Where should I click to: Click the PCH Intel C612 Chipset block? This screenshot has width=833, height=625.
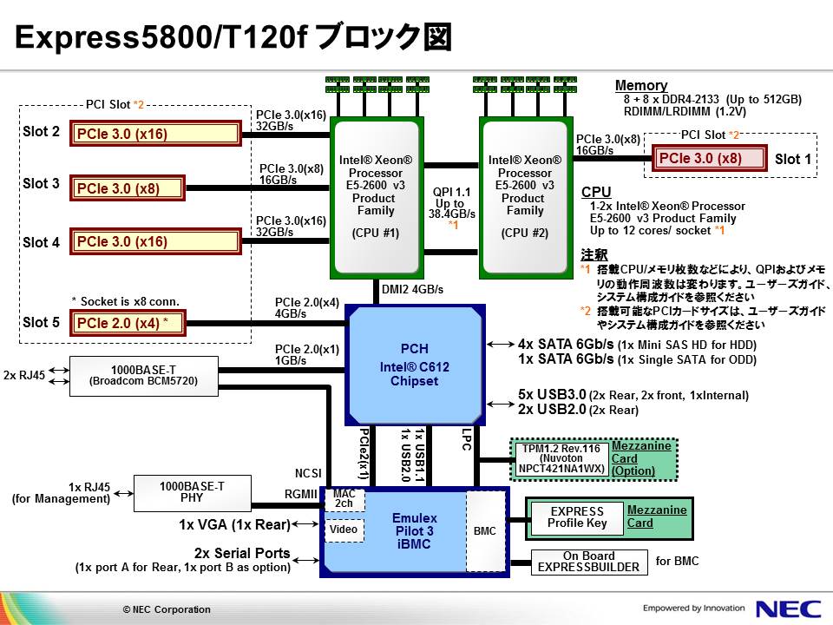tap(415, 365)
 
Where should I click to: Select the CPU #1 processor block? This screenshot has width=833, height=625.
tap(374, 196)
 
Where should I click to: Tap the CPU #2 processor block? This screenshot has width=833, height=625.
tap(523, 196)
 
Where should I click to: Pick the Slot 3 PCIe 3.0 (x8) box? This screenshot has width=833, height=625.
tap(128, 188)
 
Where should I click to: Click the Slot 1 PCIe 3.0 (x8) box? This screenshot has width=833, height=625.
tap(711, 159)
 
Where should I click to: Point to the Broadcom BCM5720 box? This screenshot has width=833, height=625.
tap(144, 376)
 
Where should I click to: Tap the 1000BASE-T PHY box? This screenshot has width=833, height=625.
tap(192, 493)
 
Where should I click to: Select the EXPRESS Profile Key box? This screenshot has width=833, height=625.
tap(577, 517)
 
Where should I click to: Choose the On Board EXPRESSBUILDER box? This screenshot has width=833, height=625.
tap(588, 562)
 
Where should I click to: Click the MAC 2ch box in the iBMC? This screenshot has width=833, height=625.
tap(344, 498)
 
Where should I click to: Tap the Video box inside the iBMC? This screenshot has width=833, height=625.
tap(344, 529)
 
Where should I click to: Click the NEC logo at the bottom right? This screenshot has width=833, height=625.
tap(785, 609)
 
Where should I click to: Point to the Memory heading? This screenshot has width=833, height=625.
tap(640, 86)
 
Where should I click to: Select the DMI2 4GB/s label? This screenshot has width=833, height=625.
tap(412, 289)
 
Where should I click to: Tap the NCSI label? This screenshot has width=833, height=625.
tap(308, 473)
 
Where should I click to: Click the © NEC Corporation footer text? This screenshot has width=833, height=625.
tap(167, 609)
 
